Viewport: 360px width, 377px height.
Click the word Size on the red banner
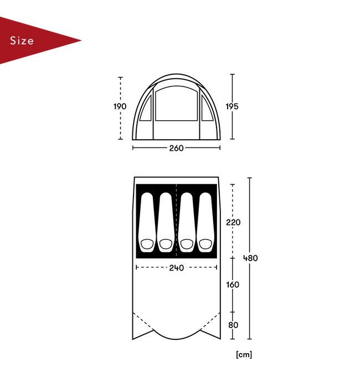pos(22,40)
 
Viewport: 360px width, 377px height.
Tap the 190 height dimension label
pos(120,106)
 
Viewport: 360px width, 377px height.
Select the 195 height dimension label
pos(232,106)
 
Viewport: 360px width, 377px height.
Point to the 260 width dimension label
pos(176,148)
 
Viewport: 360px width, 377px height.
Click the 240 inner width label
pos(177,268)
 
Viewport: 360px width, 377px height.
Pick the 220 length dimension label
pos(233,222)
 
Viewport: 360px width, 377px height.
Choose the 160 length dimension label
pos(233,284)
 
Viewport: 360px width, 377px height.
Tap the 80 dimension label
pos(233,325)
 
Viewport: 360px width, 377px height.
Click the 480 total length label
pos(250,258)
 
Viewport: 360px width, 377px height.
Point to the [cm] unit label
pos(244,355)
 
